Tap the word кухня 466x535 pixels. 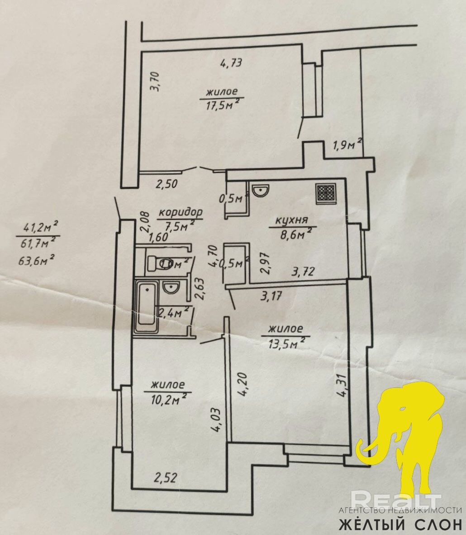click(x=291, y=220)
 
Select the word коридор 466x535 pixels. click(x=181, y=212)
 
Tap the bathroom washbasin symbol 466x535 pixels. click(x=171, y=287)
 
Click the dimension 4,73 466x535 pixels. click(x=232, y=62)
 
